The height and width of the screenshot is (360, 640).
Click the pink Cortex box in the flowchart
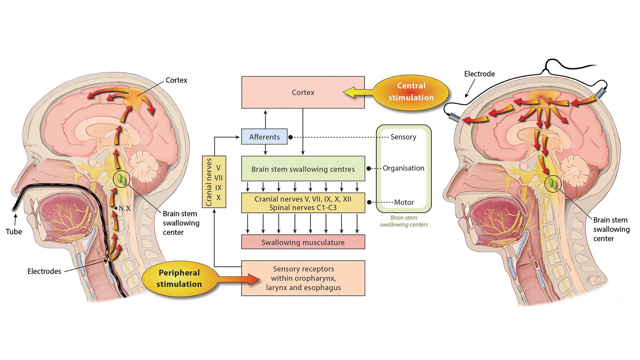[x=303, y=92]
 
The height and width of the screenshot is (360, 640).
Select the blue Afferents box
[x=264, y=137]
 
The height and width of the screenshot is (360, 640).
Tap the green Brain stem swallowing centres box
[x=303, y=169]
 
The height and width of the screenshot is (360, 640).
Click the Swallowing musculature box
[x=303, y=242]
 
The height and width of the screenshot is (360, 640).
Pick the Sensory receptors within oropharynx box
[x=303, y=278]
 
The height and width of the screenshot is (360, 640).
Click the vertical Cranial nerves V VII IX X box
[x=214, y=182]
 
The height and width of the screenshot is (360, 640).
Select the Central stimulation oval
[x=411, y=92]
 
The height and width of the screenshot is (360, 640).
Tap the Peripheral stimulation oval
[x=179, y=278]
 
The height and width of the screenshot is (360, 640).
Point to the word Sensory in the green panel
[x=403, y=137]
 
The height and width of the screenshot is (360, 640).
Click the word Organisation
[x=403, y=168]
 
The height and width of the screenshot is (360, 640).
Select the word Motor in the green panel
[x=404, y=202]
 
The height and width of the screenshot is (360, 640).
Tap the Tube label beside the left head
[x=14, y=231]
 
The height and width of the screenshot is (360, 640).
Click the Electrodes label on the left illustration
[x=44, y=271]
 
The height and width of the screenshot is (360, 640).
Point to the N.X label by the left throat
[x=124, y=208]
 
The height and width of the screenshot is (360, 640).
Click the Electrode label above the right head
[x=479, y=74]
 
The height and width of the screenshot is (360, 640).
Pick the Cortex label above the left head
[x=176, y=80]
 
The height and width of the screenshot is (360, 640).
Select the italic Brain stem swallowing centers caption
[x=403, y=221]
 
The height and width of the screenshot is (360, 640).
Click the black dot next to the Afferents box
[x=290, y=137]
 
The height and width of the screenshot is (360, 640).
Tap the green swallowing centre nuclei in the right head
[x=552, y=183]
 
